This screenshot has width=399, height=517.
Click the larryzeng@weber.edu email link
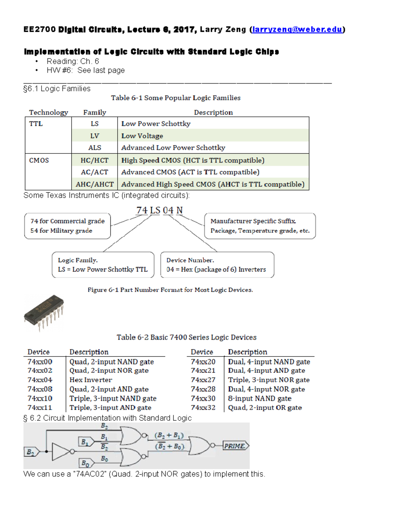point(297,30)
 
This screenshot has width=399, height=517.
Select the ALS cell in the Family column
point(94,147)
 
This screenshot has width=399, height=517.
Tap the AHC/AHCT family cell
point(94,184)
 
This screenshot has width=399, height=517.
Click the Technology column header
point(49,112)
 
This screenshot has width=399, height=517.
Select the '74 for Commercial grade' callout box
point(67,226)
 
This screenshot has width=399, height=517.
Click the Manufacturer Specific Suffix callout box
point(260,226)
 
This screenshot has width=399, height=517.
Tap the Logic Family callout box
point(103,265)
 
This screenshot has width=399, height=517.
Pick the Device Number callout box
point(217,265)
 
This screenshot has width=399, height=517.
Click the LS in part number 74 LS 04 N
point(155,210)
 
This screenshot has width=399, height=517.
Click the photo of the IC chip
point(44,313)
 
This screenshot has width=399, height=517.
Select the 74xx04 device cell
point(40,380)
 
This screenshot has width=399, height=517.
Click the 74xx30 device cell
point(203,398)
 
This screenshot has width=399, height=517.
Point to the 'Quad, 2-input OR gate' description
point(265,408)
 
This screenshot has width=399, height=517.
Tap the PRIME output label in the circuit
point(235,446)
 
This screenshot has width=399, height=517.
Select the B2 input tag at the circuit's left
point(31,452)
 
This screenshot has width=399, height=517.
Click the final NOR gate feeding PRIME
point(199,446)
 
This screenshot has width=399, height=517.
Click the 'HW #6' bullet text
point(86,70)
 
